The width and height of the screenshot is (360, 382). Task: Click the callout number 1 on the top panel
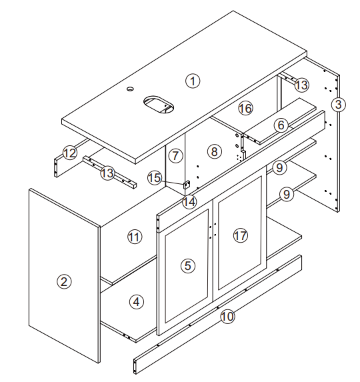(x=193, y=81)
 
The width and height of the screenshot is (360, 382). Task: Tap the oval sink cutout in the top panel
(x=158, y=103)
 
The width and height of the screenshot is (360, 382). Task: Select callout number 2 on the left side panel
(x=63, y=281)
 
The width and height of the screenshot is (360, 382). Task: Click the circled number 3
(x=339, y=105)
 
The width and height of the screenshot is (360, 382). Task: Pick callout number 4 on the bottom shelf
(x=136, y=302)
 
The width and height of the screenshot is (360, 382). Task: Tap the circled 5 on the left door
(x=188, y=265)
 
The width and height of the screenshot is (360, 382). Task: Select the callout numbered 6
(x=281, y=125)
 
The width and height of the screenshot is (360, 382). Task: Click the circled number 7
(x=175, y=156)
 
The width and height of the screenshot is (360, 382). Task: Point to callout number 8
(x=213, y=152)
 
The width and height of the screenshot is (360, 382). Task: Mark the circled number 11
(x=134, y=236)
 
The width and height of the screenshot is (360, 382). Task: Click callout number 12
(x=70, y=153)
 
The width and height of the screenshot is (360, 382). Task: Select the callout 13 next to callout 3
(x=302, y=85)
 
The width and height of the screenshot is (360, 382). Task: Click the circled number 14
(x=190, y=201)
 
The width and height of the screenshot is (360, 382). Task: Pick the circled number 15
(x=154, y=178)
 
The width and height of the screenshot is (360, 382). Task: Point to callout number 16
(x=245, y=107)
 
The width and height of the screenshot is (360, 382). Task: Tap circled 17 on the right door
(x=241, y=235)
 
